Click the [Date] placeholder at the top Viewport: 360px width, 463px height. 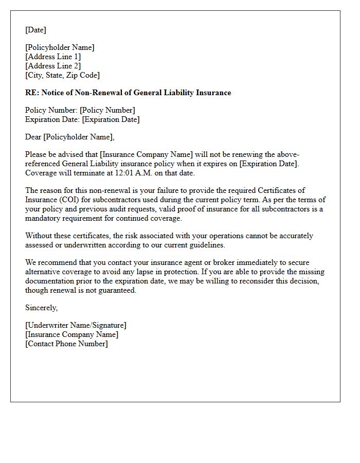[35, 30]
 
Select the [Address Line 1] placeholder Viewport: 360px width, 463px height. [53, 57]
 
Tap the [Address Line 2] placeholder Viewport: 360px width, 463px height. [53, 66]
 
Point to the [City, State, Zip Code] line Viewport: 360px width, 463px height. [62, 75]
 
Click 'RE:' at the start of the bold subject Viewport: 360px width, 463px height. [32, 93]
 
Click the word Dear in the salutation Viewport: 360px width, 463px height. [33, 137]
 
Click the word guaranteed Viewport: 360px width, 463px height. [117, 290]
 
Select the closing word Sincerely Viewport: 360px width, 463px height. [41, 308]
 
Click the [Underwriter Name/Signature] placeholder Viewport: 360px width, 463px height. [76, 325]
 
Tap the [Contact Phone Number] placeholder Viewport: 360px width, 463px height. [66, 344]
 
